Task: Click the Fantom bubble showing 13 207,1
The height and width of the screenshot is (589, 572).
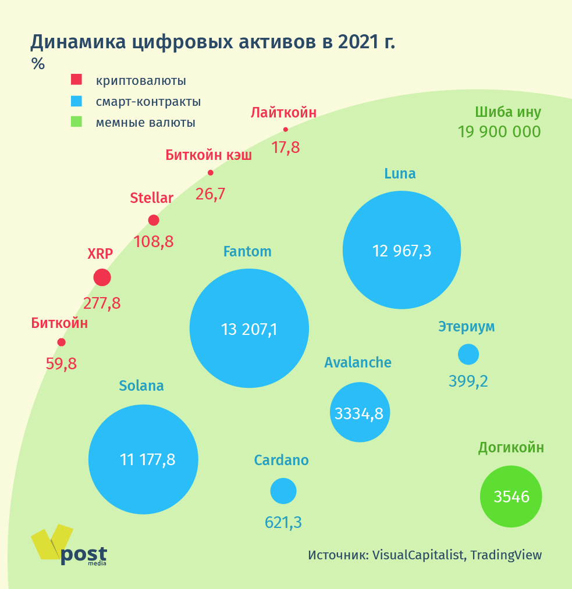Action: click(x=249, y=328)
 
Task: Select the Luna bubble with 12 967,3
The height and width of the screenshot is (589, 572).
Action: click(x=402, y=250)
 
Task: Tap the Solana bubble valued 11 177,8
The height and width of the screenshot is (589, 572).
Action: click(x=143, y=459)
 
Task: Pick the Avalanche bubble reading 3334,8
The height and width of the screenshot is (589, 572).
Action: click(x=360, y=413)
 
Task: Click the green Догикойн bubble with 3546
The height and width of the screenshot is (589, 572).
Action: click(x=511, y=497)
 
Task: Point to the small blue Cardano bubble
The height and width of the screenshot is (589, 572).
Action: click(x=283, y=491)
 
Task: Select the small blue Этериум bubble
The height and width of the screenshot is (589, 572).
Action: click(x=468, y=354)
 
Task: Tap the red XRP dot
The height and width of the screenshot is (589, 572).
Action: click(x=102, y=277)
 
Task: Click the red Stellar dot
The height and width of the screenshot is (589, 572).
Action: click(x=154, y=220)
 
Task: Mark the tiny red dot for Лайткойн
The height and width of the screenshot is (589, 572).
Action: click(x=286, y=130)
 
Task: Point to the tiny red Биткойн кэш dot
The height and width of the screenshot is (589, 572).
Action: click(x=211, y=173)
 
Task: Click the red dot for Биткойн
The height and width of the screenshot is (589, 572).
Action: click(x=61, y=342)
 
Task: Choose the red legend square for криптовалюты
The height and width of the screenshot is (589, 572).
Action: click(x=76, y=80)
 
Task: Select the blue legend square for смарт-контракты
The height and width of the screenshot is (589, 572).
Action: click(x=76, y=101)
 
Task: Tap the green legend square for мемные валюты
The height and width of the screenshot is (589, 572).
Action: click(x=76, y=122)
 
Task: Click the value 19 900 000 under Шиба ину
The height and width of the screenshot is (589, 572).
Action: click(x=499, y=132)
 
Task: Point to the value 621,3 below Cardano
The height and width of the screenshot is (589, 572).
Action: click(x=283, y=522)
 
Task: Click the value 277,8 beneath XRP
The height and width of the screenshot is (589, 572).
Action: click(x=102, y=303)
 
